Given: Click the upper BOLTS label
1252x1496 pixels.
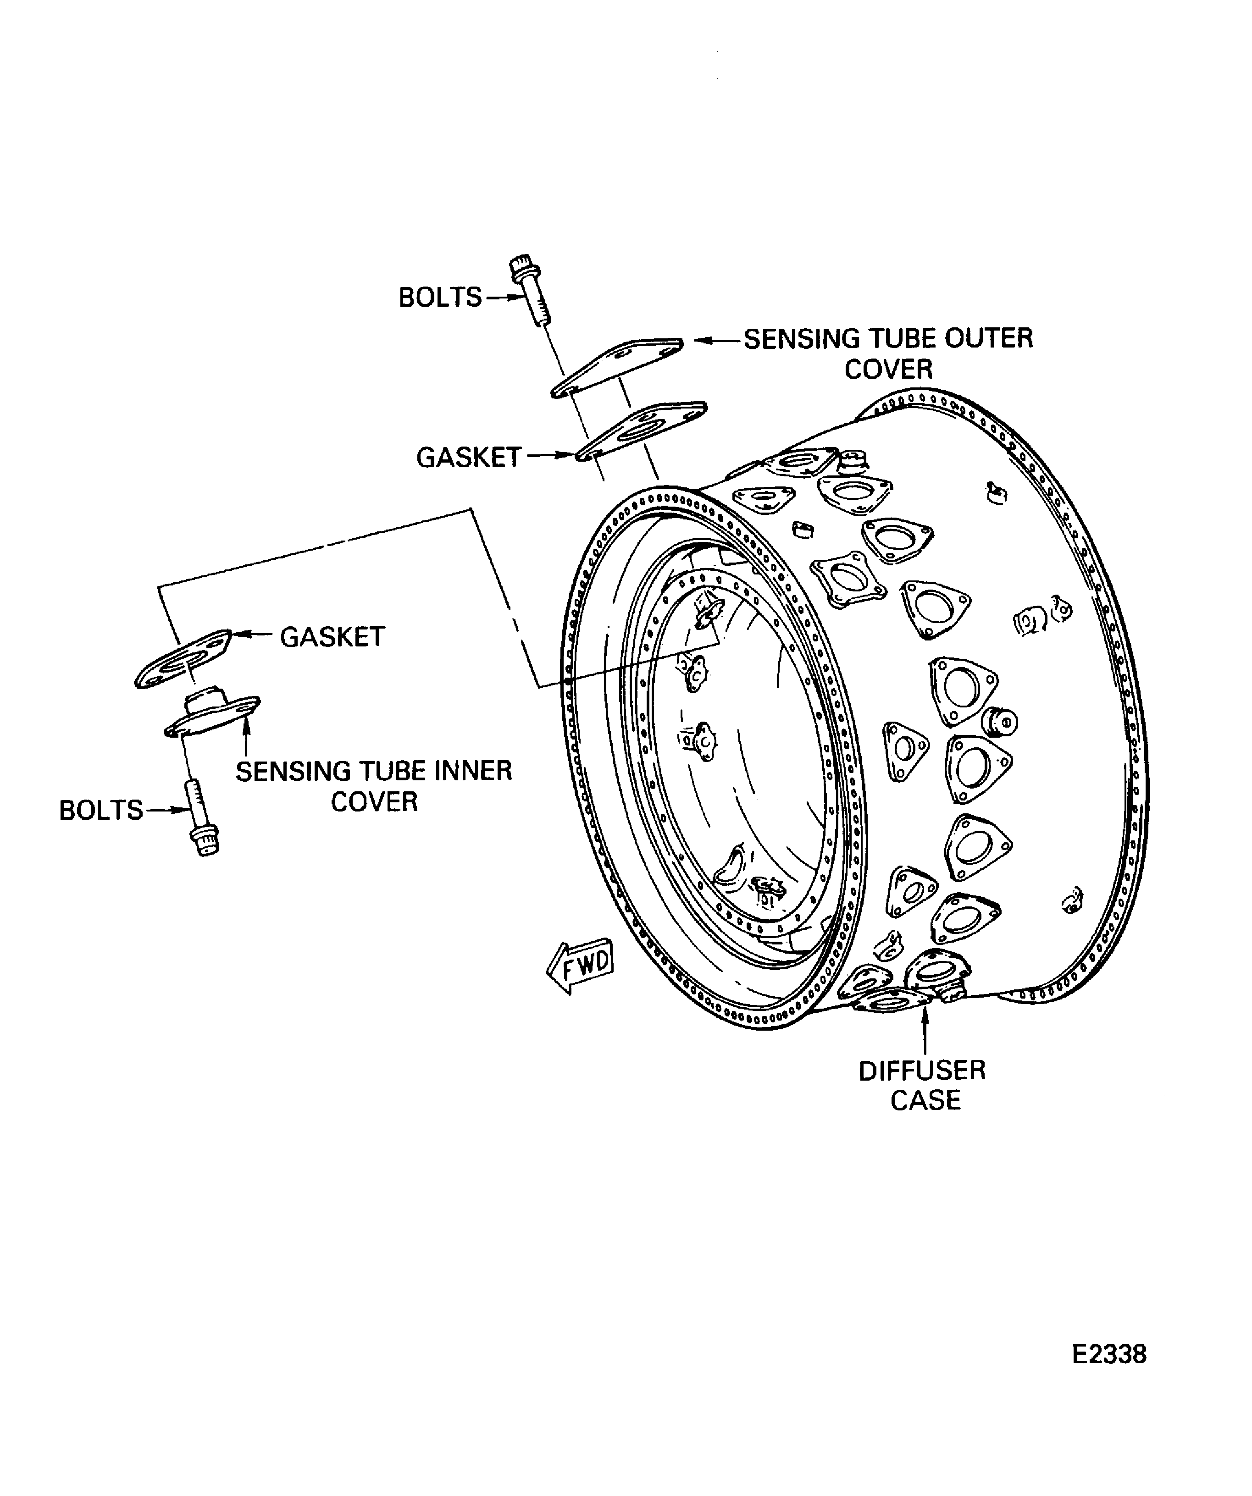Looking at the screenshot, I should pos(440,297).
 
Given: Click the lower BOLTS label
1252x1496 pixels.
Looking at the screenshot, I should pos(100,810).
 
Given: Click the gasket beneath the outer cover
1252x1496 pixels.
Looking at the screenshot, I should pos(641,431).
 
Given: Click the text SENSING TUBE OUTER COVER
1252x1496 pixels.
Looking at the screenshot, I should pos(888,353).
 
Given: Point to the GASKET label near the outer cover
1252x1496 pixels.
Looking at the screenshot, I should pos(468,458).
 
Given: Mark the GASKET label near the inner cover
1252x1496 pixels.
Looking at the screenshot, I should pos(332,637).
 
